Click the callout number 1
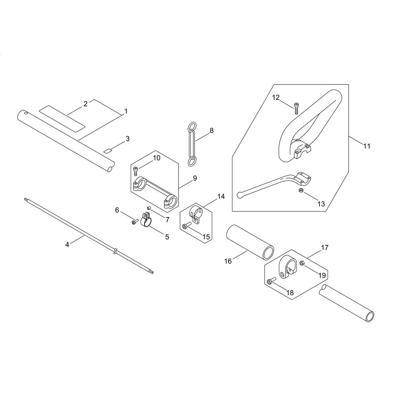pos(125,111)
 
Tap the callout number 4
pos(67,244)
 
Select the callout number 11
pos(367,146)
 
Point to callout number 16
pos(228,261)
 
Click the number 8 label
pos(211,131)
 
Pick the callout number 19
pos(322,275)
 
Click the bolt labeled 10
pos(136,171)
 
